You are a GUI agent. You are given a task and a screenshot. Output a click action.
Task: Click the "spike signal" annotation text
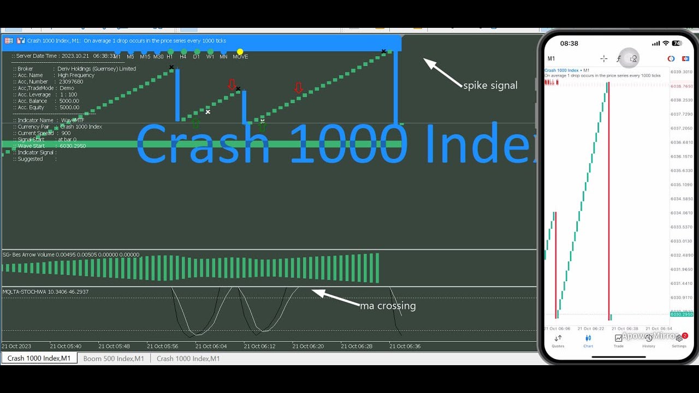coord(490,85)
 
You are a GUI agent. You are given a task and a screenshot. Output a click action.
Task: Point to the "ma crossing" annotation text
coord(388,306)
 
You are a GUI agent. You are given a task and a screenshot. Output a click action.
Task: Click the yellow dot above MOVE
coord(240,52)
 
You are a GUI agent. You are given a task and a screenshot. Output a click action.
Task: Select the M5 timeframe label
coord(131,57)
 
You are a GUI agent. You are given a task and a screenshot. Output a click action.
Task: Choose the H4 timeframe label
coord(183,57)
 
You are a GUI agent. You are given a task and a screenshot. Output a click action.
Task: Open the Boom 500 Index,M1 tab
coord(114,359)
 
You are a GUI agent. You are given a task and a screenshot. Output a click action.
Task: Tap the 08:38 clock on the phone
coord(568,43)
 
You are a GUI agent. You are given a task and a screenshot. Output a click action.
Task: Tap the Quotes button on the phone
coord(558,341)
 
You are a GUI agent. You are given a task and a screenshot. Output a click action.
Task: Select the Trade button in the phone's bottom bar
coord(618,341)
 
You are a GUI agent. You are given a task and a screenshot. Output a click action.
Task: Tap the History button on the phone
coord(648,341)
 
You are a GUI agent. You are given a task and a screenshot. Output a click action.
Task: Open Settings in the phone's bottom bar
coord(679,341)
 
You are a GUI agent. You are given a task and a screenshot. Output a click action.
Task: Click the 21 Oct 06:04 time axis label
coord(211,346)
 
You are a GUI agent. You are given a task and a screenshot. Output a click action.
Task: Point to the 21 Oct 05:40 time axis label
coord(66,346)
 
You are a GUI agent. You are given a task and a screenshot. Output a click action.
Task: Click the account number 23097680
coord(70,82)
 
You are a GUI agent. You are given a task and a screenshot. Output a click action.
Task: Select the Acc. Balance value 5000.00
coord(69,101)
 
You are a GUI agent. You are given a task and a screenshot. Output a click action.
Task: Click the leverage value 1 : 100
coord(69,94)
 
